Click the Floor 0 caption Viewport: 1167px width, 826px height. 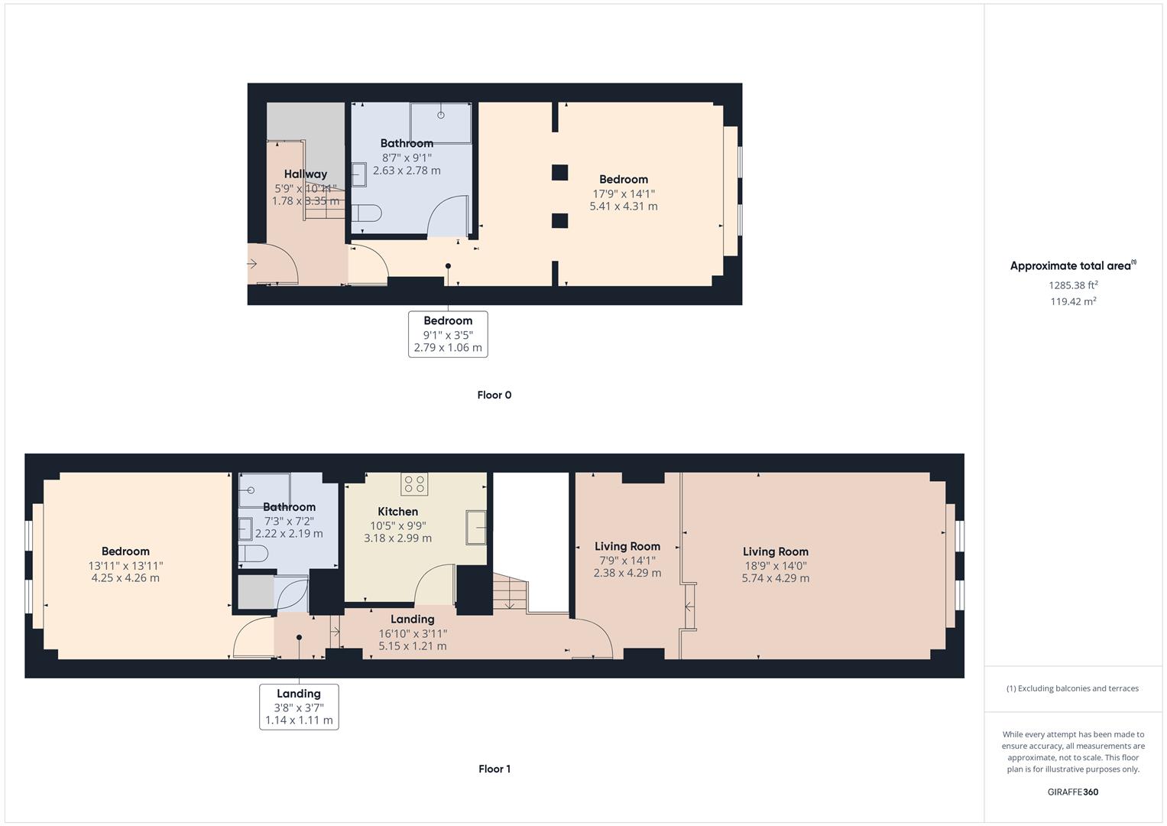(x=494, y=395)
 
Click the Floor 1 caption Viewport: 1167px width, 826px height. (x=494, y=769)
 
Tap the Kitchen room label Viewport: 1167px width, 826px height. (x=397, y=512)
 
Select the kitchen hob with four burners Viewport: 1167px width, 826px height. (x=414, y=483)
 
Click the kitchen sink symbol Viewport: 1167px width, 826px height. (x=476, y=525)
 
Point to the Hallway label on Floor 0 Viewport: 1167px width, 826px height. (x=305, y=174)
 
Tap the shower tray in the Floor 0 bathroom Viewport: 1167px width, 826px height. (x=441, y=122)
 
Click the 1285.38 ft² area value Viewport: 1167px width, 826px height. (x=1073, y=285)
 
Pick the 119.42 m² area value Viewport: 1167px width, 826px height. (x=1073, y=301)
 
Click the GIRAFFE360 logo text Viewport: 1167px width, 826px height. (x=1073, y=792)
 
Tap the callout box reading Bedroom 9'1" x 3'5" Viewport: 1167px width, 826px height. (x=448, y=334)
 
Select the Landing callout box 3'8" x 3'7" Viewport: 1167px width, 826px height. (x=299, y=707)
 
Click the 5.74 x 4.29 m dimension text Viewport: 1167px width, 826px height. (x=775, y=578)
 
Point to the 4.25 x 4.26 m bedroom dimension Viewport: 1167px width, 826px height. (x=125, y=578)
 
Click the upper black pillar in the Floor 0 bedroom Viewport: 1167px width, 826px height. (x=559, y=172)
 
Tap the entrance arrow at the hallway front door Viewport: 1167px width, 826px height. (x=253, y=264)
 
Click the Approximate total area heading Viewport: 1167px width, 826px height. (x=1072, y=266)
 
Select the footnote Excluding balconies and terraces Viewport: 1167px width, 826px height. (x=1072, y=688)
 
